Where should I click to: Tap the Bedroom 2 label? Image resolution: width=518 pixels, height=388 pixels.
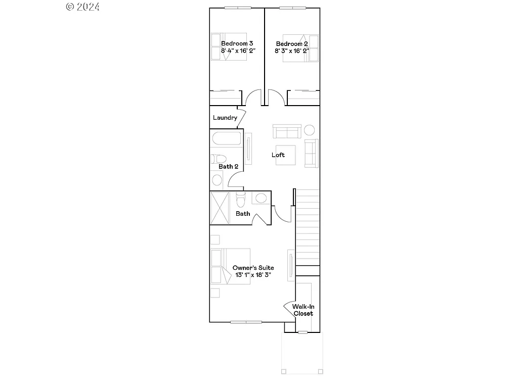[x=291, y=43]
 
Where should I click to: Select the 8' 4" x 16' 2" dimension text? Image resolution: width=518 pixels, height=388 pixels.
[x=238, y=51]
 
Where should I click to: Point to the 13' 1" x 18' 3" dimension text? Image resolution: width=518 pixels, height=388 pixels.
[x=253, y=275]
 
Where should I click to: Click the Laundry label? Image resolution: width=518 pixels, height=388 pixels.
[x=225, y=118]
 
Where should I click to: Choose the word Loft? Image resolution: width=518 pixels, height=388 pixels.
[x=278, y=155]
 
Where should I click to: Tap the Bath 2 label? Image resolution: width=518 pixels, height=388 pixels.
[x=228, y=166]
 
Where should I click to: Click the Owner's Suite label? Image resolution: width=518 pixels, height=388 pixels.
[x=253, y=268]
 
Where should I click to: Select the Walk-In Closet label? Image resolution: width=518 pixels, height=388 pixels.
[x=303, y=310]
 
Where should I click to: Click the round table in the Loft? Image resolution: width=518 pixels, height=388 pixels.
[x=309, y=130]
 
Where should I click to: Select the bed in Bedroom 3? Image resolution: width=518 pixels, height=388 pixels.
[x=229, y=47]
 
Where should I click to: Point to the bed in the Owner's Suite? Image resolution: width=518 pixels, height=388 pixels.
[x=230, y=266]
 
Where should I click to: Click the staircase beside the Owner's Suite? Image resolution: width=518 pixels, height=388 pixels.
[x=308, y=227]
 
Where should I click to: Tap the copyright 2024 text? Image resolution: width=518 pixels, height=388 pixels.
[x=83, y=7]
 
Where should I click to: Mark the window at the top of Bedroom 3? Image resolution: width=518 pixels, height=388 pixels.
[x=238, y=8]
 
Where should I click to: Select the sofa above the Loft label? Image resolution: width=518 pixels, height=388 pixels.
[x=287, y=131]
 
